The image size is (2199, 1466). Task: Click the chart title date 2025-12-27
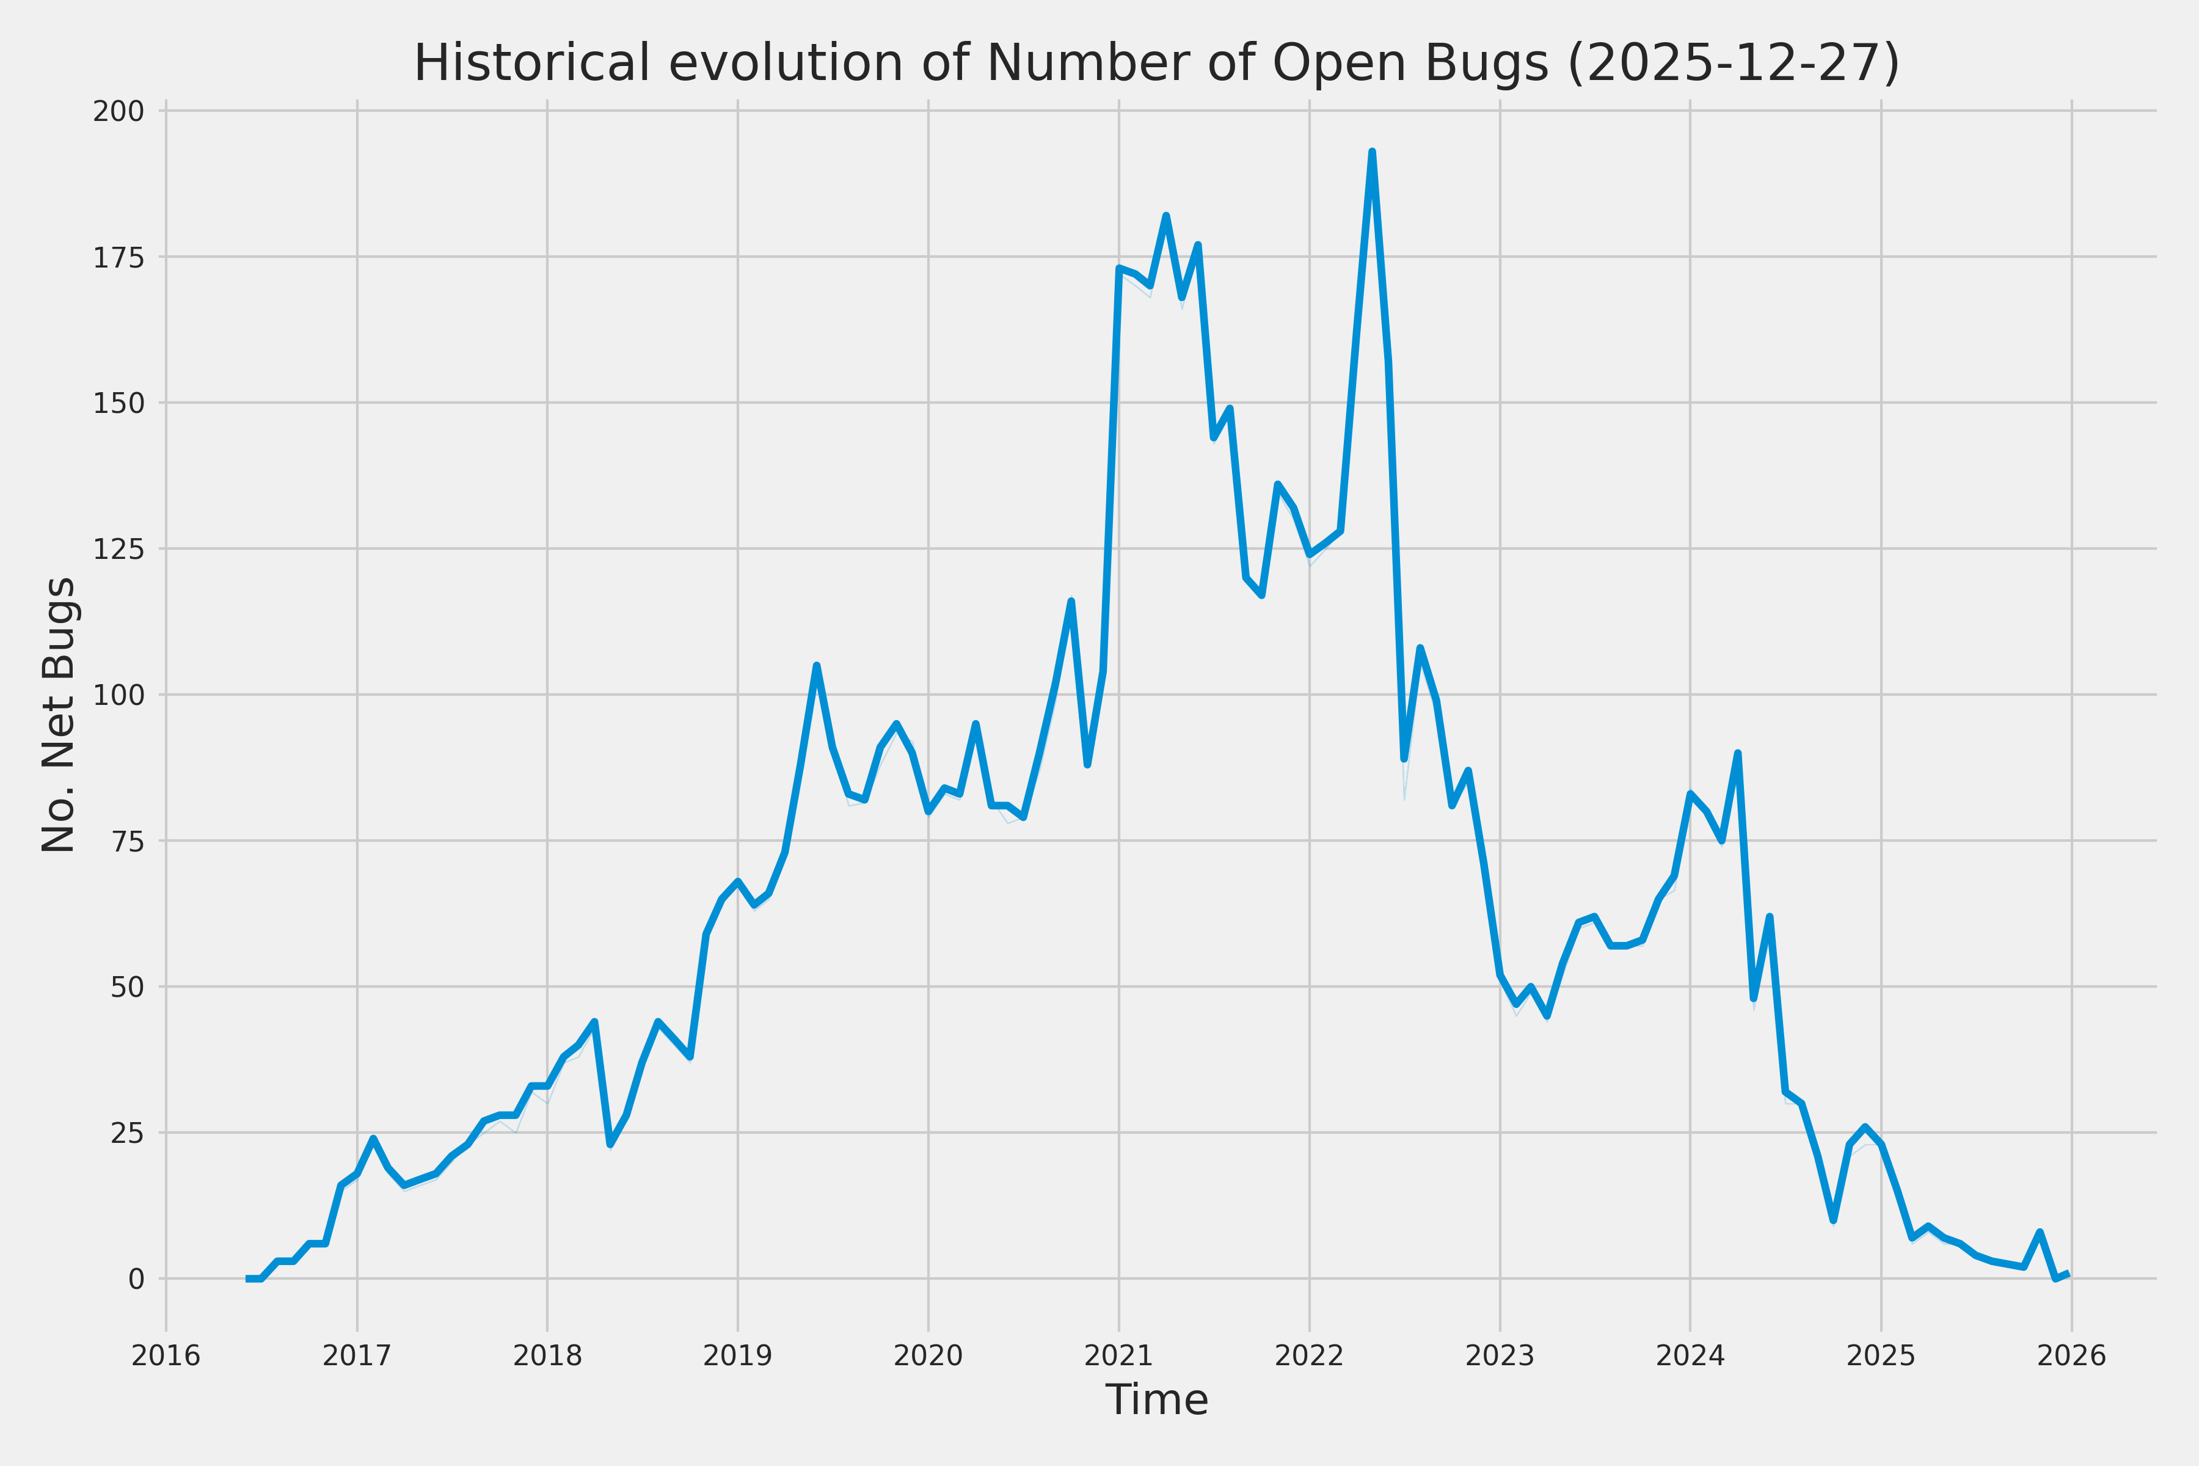click(x=1732, y=64)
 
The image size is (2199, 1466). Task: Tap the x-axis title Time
click(x=1156, y=1399)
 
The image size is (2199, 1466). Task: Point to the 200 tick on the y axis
click(x=118, y=111)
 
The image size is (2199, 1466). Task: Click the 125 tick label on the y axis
click(x=118, y=549)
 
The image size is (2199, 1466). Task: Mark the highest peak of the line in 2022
click(x=1371, y=151)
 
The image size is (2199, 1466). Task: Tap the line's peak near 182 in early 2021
click(x=1166, y=216)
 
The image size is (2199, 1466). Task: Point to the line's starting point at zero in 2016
click(x=249, y=1278)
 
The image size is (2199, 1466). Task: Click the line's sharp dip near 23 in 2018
click(x=610, y=1144)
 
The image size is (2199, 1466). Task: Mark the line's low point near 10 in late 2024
click(x=1834, y=1220)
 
